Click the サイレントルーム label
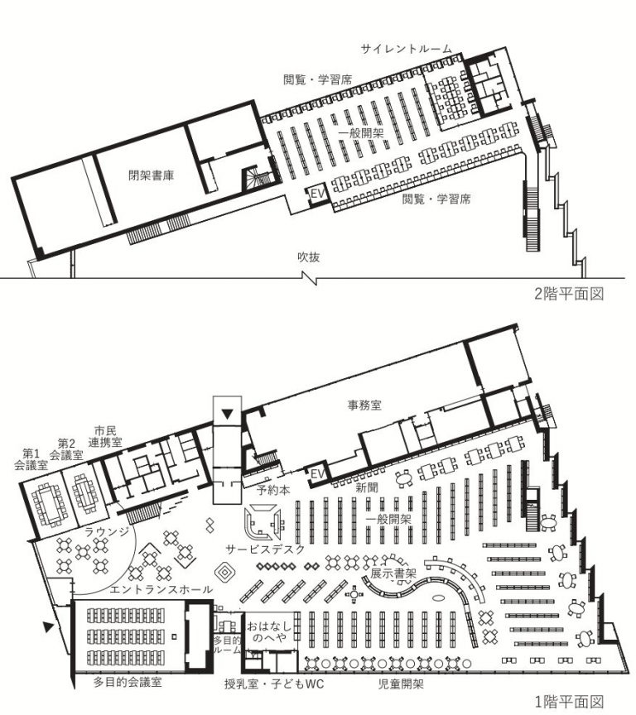coord(406,49)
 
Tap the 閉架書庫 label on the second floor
coord(151,175)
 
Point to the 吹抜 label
coord(308,257)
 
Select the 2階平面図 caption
coord(569,294)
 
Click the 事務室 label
coord(364,405)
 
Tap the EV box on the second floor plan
coord(318,194)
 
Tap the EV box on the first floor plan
coord(318,474)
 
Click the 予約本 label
coord(273,490)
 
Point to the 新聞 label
coord(367,487)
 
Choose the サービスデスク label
coord(265,549)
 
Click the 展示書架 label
coord(393,573)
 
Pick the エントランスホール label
coord(161,589)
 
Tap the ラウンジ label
coord(107,531)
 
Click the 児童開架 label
coord(401,684)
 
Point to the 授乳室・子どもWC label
coord(274,684)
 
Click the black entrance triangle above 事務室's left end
coord(227,414)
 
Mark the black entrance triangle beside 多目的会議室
coord(48,627)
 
